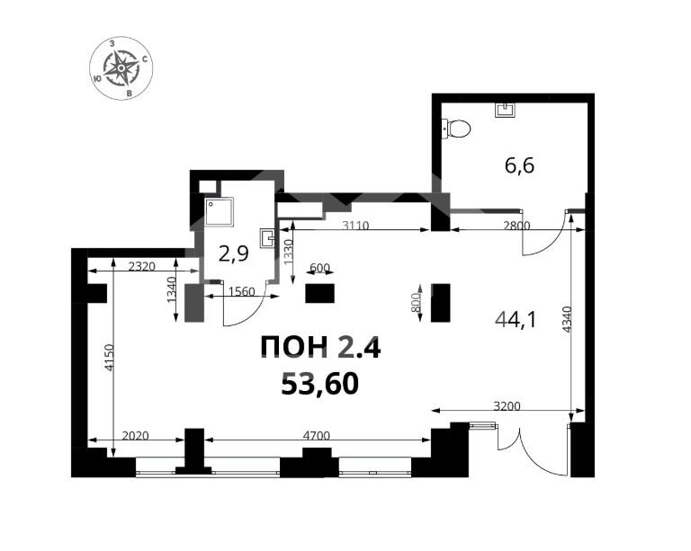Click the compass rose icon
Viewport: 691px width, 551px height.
(121, 67)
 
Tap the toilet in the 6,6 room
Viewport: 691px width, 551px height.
(457, 129)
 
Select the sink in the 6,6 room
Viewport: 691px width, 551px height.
(505, 110)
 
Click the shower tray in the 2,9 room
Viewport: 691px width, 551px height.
(219, 212)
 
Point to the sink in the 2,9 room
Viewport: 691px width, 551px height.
(267, 237)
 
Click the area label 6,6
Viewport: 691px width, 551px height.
(519, 166)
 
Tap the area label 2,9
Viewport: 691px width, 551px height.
(234, 254)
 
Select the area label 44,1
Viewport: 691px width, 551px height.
(516, 319)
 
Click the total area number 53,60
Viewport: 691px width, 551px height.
(320, 383)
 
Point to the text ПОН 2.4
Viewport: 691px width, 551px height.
(320, 347)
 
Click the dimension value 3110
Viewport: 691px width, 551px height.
(355, 226)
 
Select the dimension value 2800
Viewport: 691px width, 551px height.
(516, 226)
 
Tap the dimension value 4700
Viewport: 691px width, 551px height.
(317, 436)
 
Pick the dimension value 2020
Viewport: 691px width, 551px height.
(135, 436)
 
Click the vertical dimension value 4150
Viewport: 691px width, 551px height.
(109, 358)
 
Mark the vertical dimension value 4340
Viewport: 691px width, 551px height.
(567, 319)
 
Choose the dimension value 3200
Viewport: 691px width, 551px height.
(507, 406)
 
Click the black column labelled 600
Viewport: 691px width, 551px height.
(320, 293)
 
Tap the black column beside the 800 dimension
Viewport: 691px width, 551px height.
(440, 303)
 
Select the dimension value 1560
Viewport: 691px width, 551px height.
(242, 291)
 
